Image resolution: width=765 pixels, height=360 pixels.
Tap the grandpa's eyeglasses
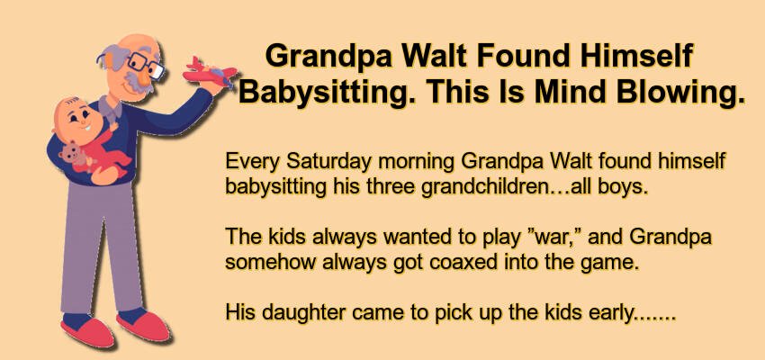point(146,66)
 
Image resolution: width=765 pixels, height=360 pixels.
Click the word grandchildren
point(484,187)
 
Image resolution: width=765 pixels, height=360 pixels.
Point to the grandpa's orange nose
point(143,77)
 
